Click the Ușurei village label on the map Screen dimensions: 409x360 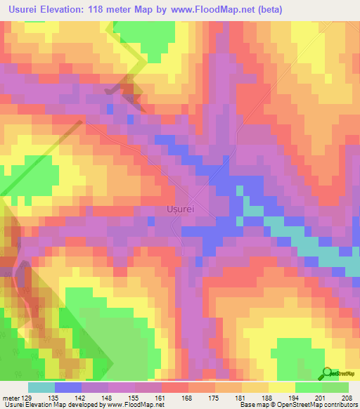click(x=181, y=209)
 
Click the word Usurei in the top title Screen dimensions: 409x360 click(x=28, y=9)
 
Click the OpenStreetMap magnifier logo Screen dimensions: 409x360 click(x=328, y=372)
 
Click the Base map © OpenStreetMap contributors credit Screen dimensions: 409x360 click(x=297, y=404)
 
